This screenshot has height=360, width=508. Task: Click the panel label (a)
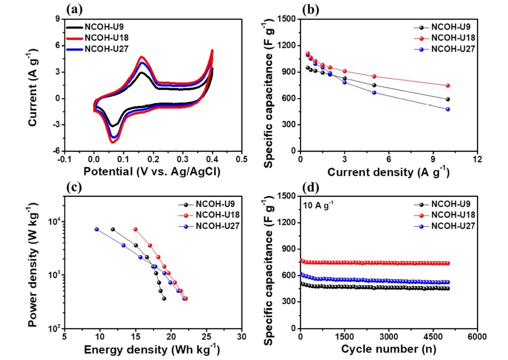click(74, 9)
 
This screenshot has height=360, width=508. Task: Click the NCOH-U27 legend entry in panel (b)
click(453, 49)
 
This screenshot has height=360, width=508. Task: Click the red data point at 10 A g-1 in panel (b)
click(448, 85)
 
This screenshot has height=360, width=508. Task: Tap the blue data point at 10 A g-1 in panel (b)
click(448, 109)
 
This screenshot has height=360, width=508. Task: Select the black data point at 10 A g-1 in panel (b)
click(448, 99)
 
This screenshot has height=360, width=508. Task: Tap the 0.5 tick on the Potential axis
click(241, 159)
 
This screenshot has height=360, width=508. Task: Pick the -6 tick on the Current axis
click(54, 151)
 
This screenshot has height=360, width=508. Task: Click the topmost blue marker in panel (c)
click(96, 229)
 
